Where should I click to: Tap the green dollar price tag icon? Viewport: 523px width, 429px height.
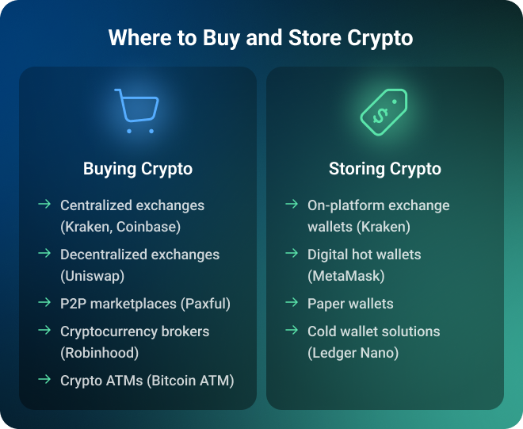pyautogui.click(x=384, y=112)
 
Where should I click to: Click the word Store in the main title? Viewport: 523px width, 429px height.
pyautogui.click(x=315, y=37)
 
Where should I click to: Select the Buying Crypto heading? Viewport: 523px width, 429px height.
pyautogui.click(x=138, y=169)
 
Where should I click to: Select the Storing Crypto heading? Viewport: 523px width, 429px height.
pyautogui.click(x=385, y=169)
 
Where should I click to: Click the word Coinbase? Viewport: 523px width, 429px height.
pyautogui.click(x=148, y=227)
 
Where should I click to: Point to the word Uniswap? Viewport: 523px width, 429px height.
pyautogui.click(x=93, y=276)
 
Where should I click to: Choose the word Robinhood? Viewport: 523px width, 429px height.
pyautogui.click(x=99, y=353)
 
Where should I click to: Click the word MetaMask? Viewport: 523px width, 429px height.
pyautogui.click(x=346, y=276)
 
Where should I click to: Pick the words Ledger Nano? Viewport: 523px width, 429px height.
pyautogui.click(x=353, y=353)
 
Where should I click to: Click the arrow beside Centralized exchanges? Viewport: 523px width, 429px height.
pyautogui.click(x=44, y=204)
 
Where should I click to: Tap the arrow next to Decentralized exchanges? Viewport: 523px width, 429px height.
pyautogui.click(x=44, y=253)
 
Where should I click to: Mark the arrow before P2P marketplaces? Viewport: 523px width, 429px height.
pyautogui.click(x=44, y=302)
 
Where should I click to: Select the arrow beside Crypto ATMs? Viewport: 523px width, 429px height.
pyautogui.click(x=44, y=379)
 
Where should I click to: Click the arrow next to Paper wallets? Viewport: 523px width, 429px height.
pyautogui.click(x=292, y=302)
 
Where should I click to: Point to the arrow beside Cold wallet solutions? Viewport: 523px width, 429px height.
pyautogui.click(x=292, y=330)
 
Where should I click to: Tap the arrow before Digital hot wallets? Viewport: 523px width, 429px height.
pyautogui.click(x=292, y=253)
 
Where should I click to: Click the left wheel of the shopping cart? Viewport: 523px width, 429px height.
pyautogui.click(x=129, y=131)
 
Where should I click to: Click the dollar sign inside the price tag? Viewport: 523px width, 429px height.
pyautogui.click(x=380, y=115)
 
